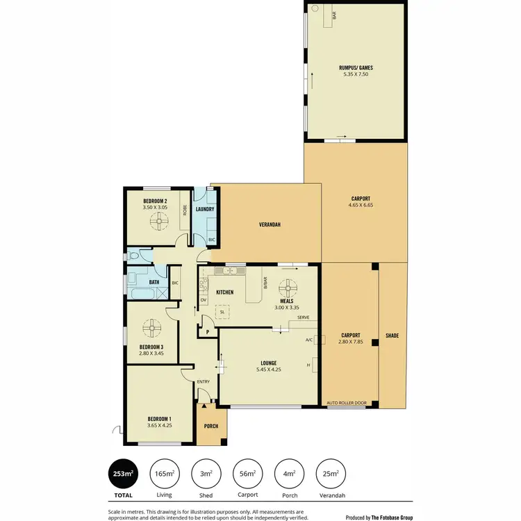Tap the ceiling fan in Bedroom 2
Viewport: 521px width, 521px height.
tap(159, 220)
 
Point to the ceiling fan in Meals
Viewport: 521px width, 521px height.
tap(287, 288)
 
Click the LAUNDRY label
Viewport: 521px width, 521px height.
tap(204, 209)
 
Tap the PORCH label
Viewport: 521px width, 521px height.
tap(211, 426)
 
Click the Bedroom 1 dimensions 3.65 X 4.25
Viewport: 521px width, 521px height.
tap(158, 425)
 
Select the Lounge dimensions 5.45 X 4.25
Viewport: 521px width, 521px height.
tap(270, 370)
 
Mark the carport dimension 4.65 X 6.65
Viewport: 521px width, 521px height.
tap(361, 205)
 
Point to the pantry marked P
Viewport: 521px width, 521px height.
tap(207, 333)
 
